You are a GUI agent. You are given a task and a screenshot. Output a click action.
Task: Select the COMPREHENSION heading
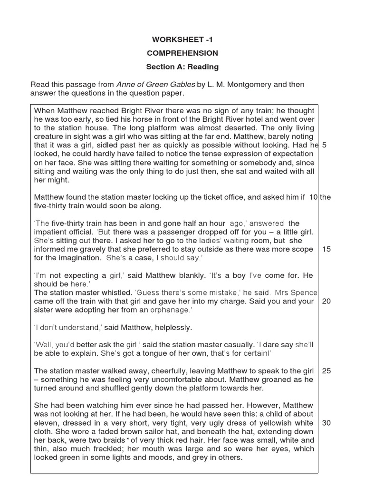click(182, 53)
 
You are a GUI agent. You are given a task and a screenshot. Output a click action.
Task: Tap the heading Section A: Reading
click(182, 67)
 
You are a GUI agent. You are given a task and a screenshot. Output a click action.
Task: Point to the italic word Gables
click(182, 85)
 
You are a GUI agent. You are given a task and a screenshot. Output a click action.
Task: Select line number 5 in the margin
click(324, 145)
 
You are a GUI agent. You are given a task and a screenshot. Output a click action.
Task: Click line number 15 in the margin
click(326, 249)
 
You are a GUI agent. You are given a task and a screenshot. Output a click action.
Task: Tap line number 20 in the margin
click(326, 301)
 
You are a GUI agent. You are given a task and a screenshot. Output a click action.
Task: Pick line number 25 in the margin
click(326, 370)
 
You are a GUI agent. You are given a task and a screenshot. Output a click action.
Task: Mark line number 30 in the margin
click(326, 423)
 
